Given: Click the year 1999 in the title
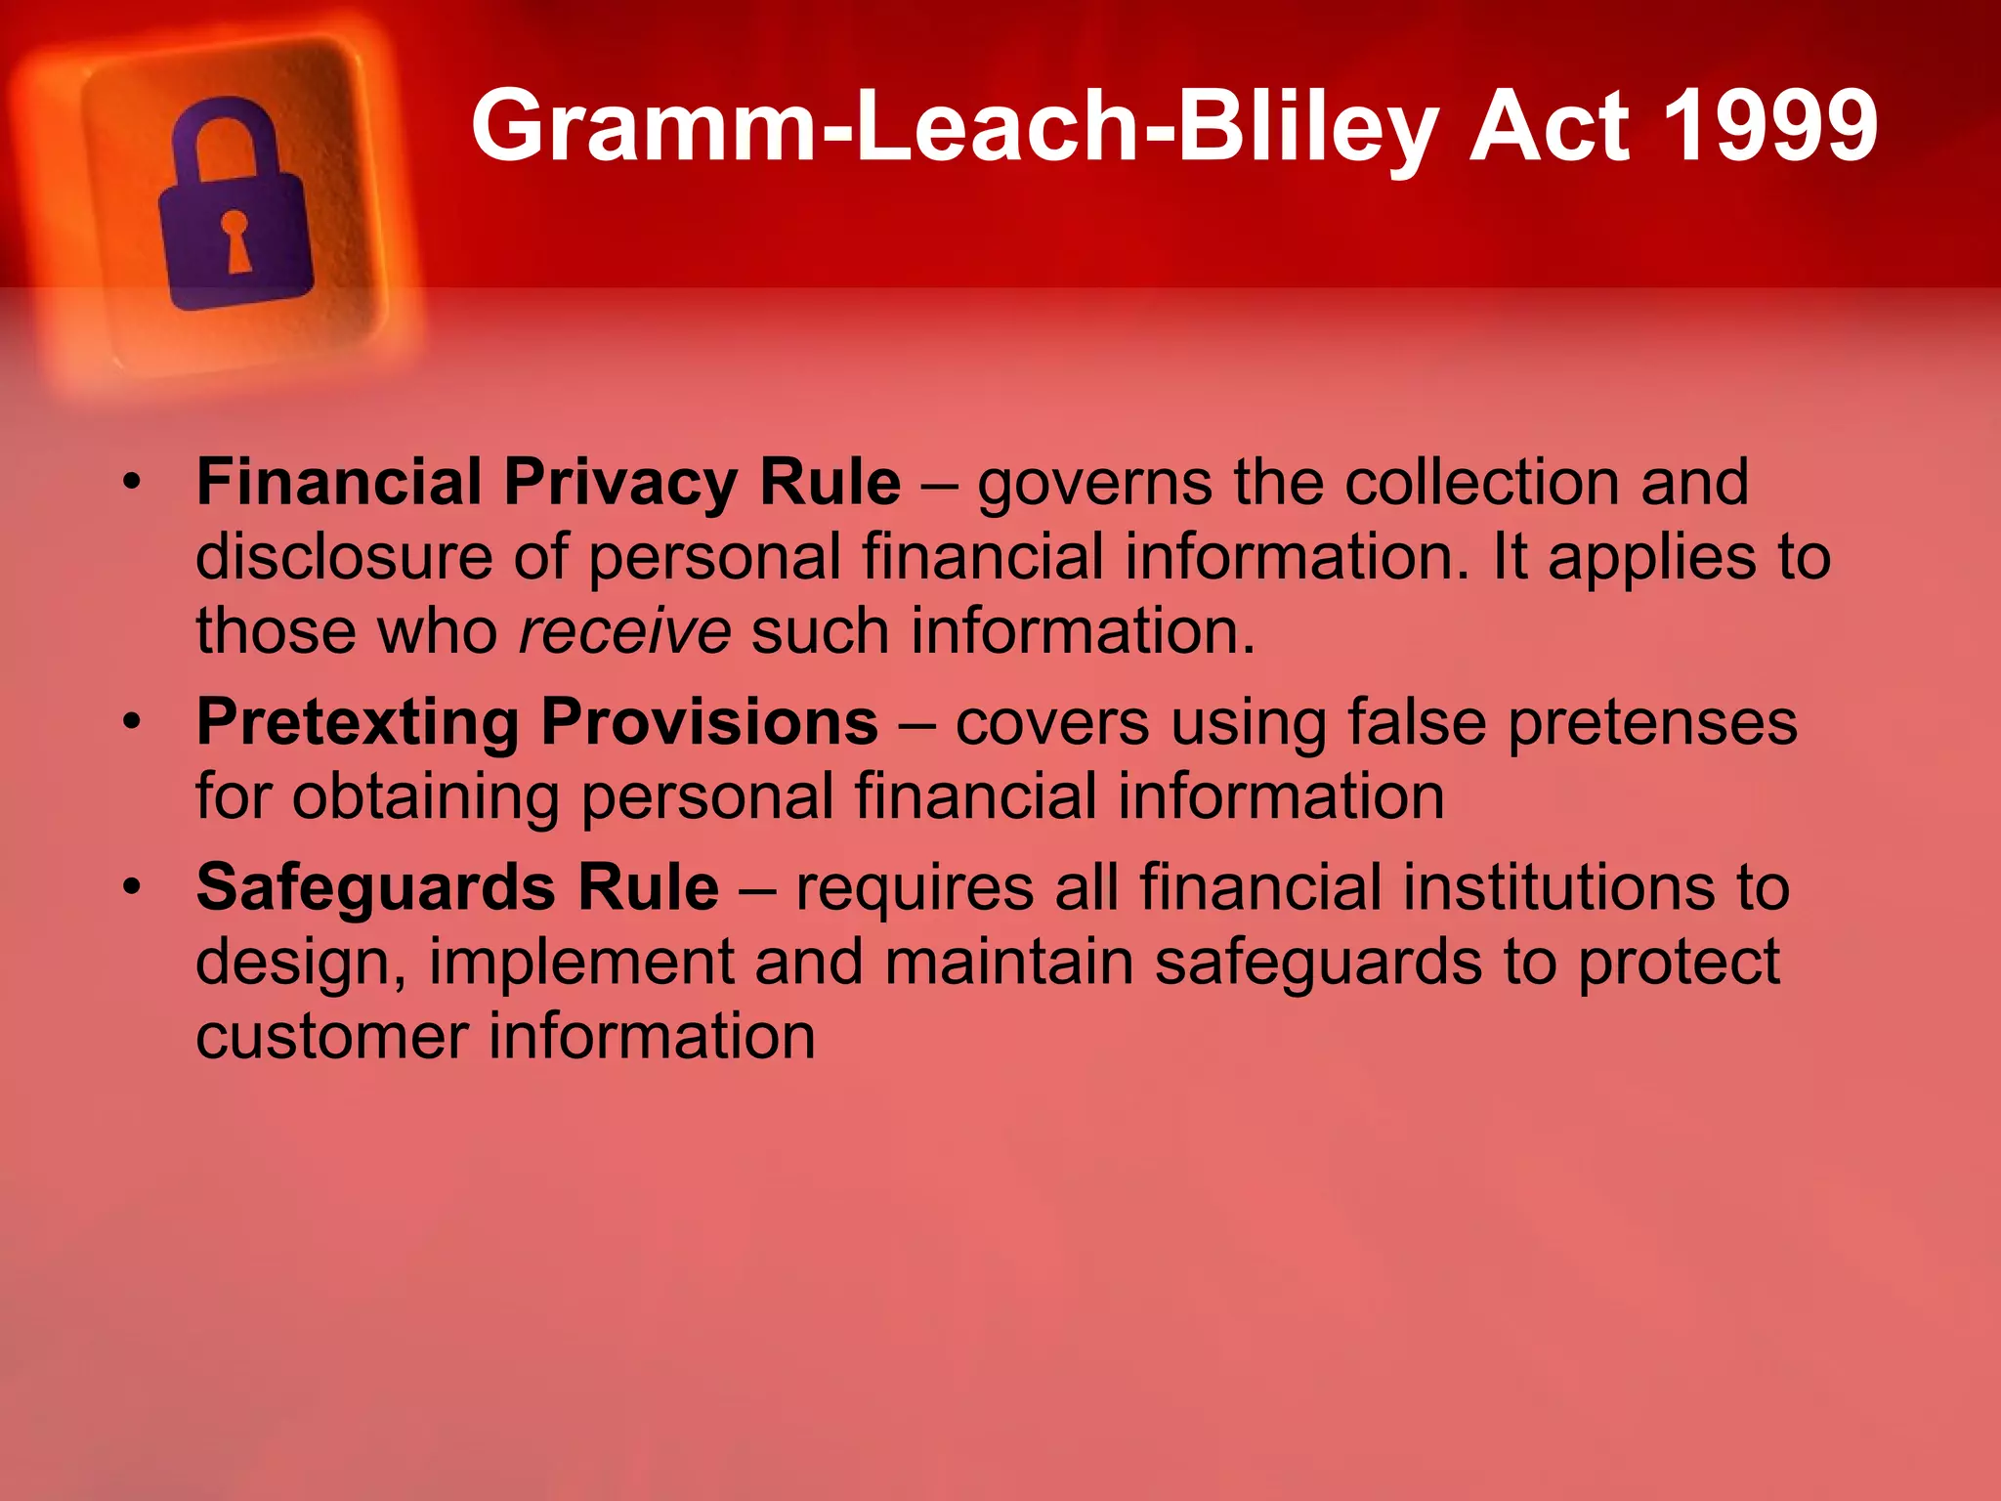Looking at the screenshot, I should pos(1769,125).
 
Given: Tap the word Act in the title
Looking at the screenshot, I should pos(1550,125).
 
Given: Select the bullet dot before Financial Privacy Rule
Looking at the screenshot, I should pos(132,482).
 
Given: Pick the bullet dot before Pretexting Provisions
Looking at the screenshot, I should pos(132,722).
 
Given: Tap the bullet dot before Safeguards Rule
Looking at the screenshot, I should pos(132,887).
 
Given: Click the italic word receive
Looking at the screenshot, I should pos(624,631).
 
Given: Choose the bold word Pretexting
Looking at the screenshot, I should pos(358,724).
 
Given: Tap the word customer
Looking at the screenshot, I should pos(331,1037).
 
